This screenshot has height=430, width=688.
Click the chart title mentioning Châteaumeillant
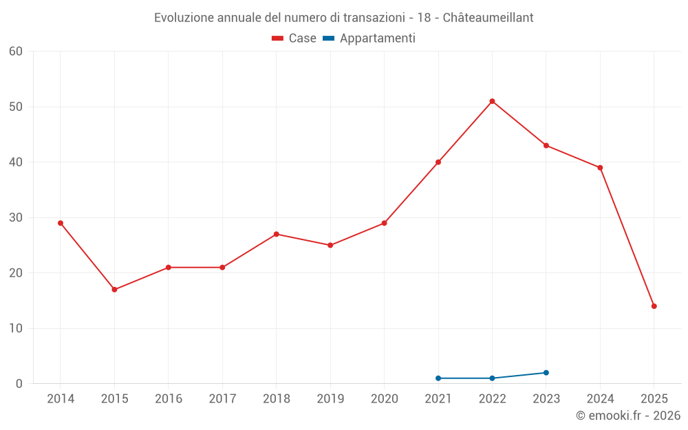coord(343,17)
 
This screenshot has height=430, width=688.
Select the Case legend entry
coord(294,39)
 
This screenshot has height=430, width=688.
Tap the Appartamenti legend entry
coord(369,39)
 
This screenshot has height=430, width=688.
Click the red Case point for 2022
coord(492,101)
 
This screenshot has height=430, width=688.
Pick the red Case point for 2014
coord(61,223)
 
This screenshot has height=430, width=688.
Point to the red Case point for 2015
coord(114,290)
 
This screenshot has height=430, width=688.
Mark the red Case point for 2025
coord(654,306)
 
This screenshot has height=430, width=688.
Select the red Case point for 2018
coord(276,234)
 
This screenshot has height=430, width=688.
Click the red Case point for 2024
coord(600,168)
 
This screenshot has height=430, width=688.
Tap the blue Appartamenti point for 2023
coord(546,373)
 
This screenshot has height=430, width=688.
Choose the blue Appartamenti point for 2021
coord(438,378)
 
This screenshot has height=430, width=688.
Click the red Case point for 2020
coord(384,223)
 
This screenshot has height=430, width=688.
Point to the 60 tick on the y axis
coord(16,51)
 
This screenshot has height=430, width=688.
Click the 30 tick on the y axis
coord(16,217)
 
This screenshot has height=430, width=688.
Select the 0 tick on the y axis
coord(19,384)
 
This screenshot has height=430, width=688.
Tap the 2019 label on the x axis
coord(330,399)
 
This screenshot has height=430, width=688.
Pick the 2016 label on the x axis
coord(169,399)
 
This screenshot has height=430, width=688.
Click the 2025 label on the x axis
coord(654,399)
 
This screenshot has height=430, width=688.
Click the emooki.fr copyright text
coord(627,416)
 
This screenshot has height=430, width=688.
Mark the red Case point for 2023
coord(546,145)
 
